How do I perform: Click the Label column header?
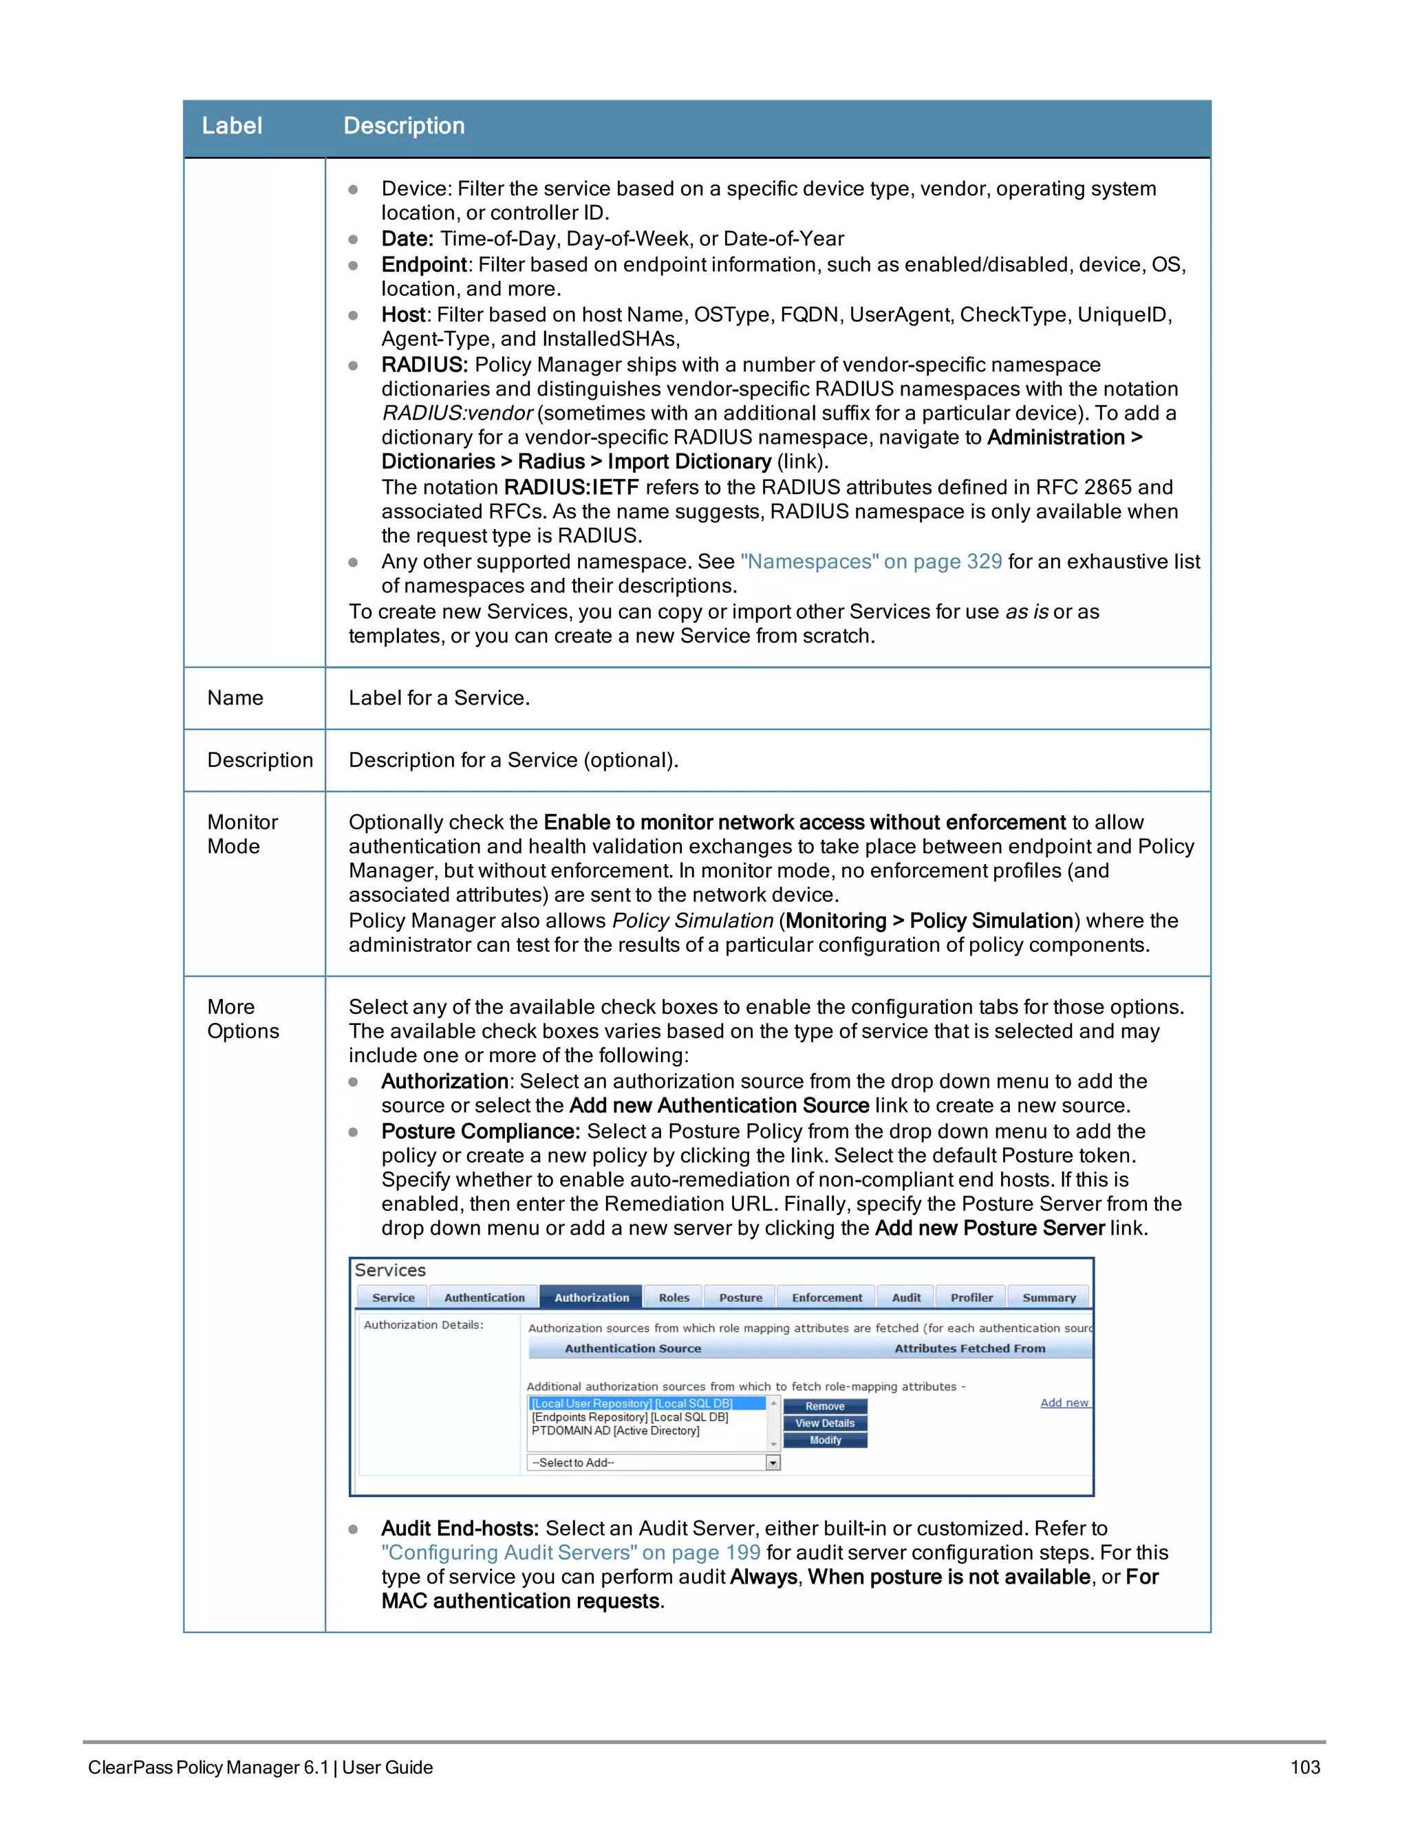point(232,126)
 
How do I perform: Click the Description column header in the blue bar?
point(404,126)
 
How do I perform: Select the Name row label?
point(235,698)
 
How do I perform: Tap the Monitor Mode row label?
point(242,834)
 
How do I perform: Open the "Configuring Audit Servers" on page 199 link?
point(571,1553)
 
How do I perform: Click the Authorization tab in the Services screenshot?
point(591,1297)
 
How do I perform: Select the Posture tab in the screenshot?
point(740,1297)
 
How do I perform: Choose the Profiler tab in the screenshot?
point(971,1297)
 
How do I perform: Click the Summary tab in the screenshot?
point(1048,1297)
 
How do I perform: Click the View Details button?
point(825,1423)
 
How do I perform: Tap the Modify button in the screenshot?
point(825,1440)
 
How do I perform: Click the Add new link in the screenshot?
point(1064,1402)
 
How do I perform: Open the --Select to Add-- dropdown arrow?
point(773,1463)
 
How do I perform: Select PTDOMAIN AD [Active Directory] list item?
point(615,1431)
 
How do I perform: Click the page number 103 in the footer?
point(1304,1767)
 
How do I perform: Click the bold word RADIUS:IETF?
point(571,488)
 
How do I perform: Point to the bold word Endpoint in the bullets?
point(423,265)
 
